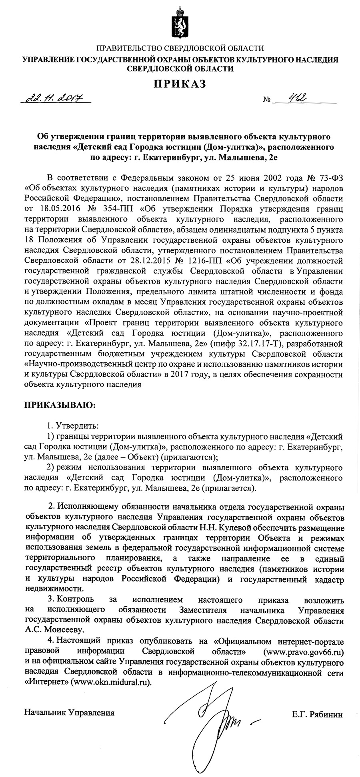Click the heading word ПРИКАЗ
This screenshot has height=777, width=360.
click(x=180, y=84)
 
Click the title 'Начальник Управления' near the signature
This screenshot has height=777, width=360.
click(x=69, y=712)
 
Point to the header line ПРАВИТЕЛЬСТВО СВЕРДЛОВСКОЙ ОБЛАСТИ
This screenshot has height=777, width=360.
click(x=180, y=48)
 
